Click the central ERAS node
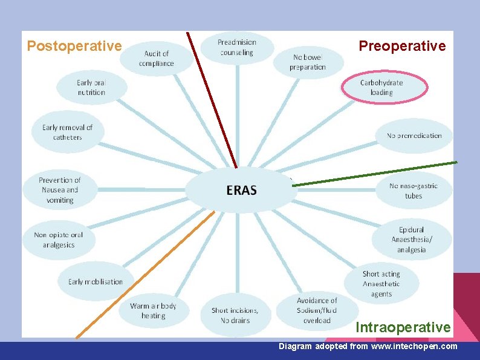(241, 190)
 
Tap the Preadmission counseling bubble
(237, 47)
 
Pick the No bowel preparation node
(308, 62)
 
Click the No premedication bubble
(414, 136)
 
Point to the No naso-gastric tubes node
(414, 191)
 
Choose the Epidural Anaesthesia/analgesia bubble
(412, 240)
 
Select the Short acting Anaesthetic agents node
(381, 284)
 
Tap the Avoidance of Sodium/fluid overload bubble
(317, 310)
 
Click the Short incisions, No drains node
(235, 315)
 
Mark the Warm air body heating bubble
(153, 311)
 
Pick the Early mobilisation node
(96, 281)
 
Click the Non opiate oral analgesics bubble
(59, 240)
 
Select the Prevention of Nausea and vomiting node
(59, 190)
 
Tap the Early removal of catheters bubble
(67, 133)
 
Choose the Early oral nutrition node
(91, 88)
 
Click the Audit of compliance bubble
(156, 59)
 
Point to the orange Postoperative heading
(74, 46)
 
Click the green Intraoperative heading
(403, 327)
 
